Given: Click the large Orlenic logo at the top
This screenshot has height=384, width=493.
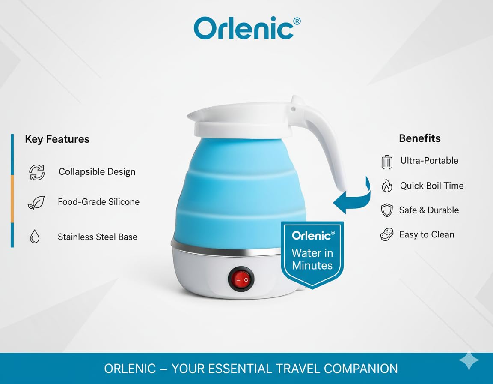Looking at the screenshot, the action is coord(247,28).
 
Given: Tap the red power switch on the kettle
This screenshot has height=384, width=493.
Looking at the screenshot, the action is coord(241,279).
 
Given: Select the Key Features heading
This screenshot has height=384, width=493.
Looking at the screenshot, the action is coord(57,139).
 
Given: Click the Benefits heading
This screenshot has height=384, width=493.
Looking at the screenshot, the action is coord(420,138).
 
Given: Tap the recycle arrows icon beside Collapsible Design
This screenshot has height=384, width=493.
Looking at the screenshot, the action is coord(37,172).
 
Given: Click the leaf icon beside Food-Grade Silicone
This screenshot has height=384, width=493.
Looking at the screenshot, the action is coord(36,202).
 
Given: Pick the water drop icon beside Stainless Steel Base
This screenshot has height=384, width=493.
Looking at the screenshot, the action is coord(35,236).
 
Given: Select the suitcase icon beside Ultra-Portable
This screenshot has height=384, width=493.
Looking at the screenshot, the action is coord(387,162).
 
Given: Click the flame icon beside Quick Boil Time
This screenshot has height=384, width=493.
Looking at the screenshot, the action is coord(387,186).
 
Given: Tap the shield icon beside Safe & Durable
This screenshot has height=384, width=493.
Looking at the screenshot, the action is coord(387,210).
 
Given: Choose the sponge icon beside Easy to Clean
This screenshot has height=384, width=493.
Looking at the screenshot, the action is coord(387,234).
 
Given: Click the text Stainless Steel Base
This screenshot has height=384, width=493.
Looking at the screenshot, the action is coord(98,237).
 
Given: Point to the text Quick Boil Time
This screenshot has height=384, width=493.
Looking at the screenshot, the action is coord(432,186).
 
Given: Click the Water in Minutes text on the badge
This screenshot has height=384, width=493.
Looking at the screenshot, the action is coord(312,259).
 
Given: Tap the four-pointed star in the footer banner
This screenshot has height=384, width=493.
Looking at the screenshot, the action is coord(469,360).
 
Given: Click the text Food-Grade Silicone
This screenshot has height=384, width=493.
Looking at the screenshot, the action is coord(99,202).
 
